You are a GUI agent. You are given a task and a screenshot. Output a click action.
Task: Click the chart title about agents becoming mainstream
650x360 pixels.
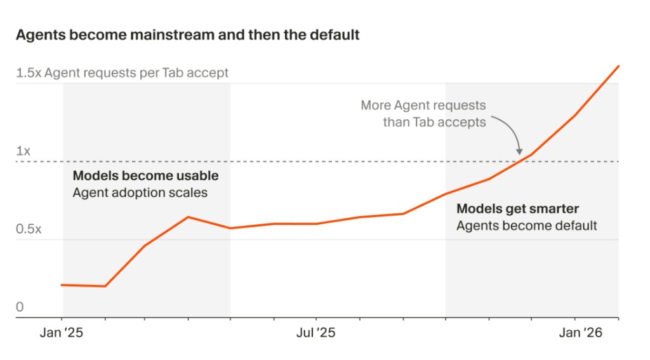[x=187, y=34]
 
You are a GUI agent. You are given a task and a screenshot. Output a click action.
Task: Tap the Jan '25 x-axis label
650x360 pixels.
[x=62, y=333]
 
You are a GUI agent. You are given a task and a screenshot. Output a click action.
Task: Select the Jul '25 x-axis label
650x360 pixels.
[x=315, y=333]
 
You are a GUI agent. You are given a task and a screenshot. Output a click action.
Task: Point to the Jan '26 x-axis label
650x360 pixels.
[x=575, y=333]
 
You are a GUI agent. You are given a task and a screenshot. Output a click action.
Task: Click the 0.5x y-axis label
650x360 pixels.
[x=29, y=229]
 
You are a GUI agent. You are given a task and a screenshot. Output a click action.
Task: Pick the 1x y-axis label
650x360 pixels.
[x=23, y=151]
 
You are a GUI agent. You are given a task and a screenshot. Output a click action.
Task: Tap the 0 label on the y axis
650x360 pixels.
[x=20, y=307]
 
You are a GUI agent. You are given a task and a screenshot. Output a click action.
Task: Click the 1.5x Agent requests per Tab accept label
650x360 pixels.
[x=122, y=73]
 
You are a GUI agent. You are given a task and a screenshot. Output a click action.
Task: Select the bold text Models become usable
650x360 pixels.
[x=145, y=175]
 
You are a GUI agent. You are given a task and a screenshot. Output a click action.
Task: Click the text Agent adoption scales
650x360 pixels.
[x=140, y=192]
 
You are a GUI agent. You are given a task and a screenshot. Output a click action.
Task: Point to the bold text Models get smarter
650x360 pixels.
[x=518, y=209]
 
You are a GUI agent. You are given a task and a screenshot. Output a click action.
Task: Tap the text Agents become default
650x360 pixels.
[x=527, y=225]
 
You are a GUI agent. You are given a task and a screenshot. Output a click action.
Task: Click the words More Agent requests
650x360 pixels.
[x=423, y=105]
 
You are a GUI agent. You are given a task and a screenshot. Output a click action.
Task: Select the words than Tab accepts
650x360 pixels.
[x=434, y=122]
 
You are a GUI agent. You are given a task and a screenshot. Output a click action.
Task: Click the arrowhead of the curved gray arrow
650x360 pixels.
[x=519, y=152]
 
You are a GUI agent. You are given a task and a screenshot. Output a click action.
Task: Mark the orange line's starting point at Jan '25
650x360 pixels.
[x=62, y=285]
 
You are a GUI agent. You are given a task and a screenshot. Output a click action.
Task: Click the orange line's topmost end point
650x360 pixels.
[x=618, y=66]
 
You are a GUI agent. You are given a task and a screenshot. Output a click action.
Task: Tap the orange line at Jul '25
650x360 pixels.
[x=315, y=223]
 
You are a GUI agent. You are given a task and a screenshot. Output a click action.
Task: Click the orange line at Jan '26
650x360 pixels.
[x=575, y=116]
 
